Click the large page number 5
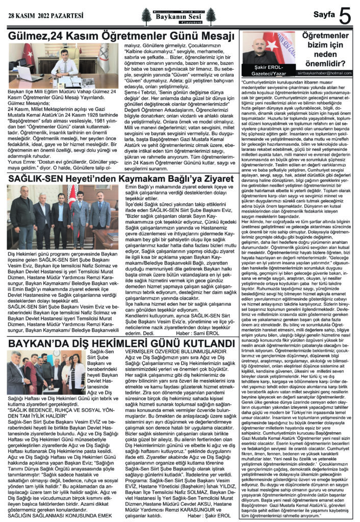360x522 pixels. pyautogui.click(x=345, y=17)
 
